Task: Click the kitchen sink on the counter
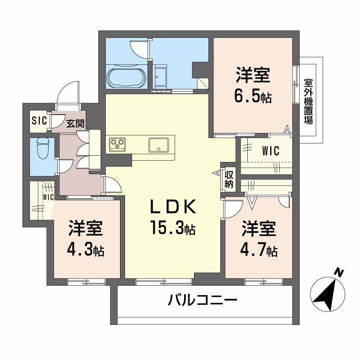pyautogui.click(x=158, y=145)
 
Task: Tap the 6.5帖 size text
pyautogui.click(x=253, y=96)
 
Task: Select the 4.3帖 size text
pyautogui.click(x=86, y=249)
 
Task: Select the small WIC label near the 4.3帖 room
pyautogui.click(x=48, y=197)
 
